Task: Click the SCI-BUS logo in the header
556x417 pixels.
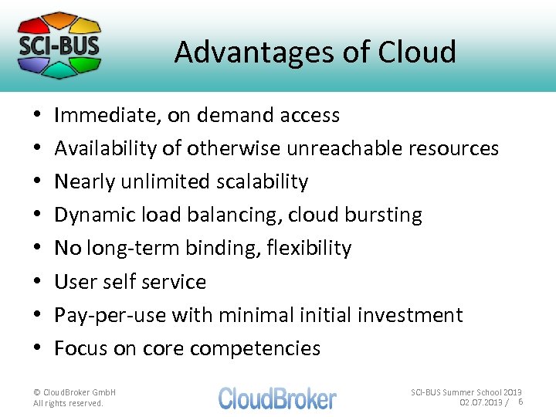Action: click(x=59, y=44)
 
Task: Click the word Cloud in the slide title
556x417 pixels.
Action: click(x=417, y=53)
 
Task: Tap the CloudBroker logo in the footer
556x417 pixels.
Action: click(x=277, y=398)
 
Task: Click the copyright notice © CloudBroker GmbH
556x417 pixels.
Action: click(x=75, y=392)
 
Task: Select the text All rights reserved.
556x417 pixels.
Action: click(x=68, y=403)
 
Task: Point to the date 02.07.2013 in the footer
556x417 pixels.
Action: click(x=480, y=402)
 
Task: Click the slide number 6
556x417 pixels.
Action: click(x=520, y=402)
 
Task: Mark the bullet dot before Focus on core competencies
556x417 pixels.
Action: click(x=38, y=349)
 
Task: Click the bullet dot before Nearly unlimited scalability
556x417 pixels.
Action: click(x=38, y=182)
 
